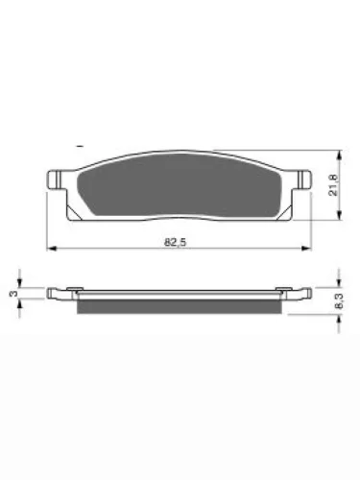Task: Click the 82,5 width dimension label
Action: [x=175, y=242]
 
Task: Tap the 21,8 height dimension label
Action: [x=333, y=185]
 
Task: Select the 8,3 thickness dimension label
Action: [x=339, y=301]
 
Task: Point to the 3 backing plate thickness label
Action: [x=13, y=294]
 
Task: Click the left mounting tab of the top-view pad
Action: [x=55, y=180]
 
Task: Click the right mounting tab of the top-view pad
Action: [x=304, y=180]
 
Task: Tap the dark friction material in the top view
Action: [x=180, y=185]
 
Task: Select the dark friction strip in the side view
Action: [x=180, y=306]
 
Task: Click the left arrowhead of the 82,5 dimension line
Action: [x=52, y=249]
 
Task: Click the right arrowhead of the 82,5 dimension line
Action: [x=306, y=249]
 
